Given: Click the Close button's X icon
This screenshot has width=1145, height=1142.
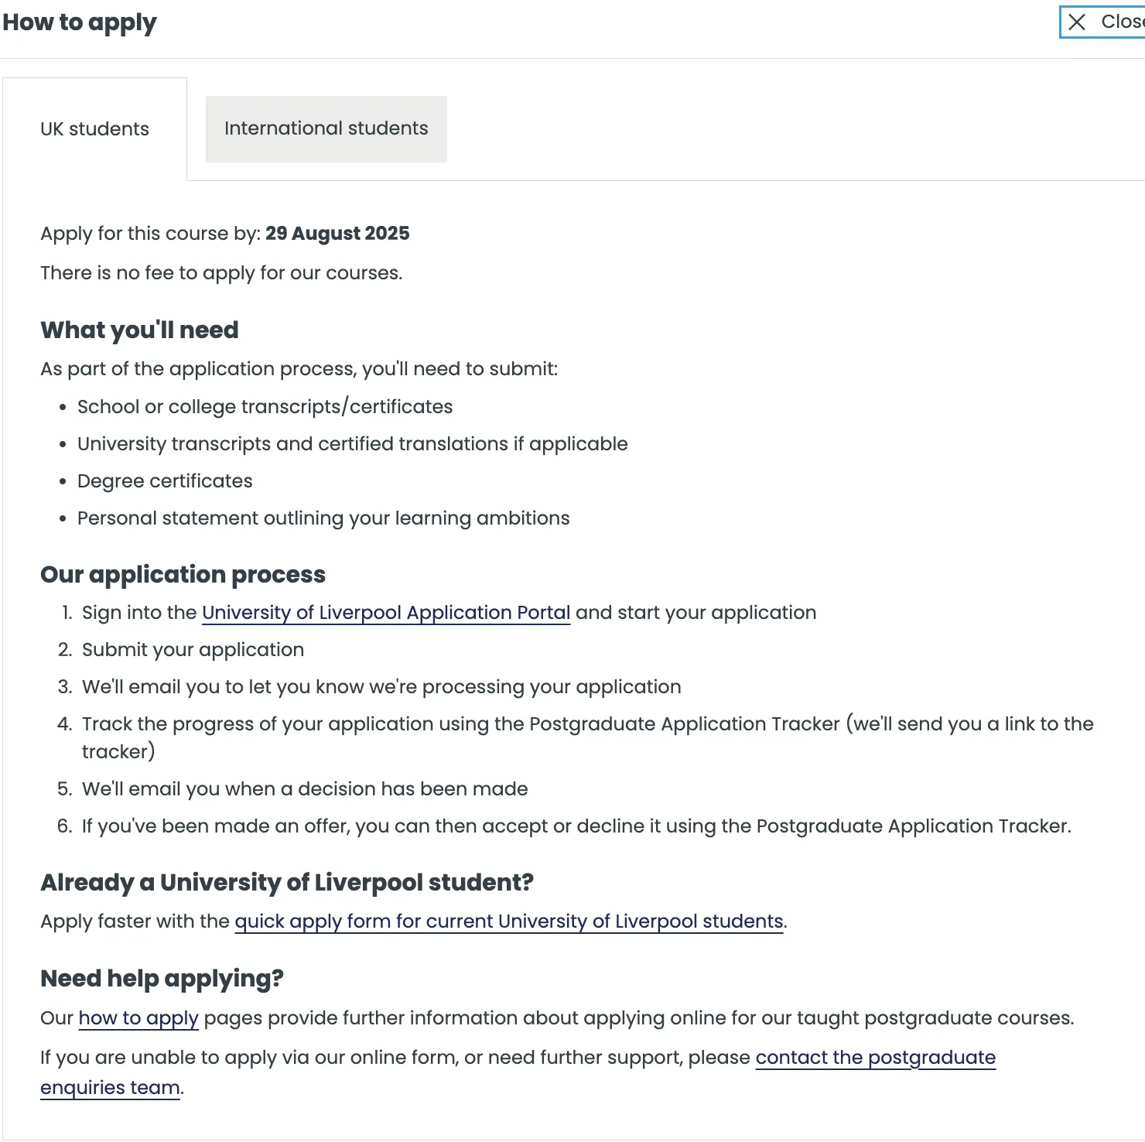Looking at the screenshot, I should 1077,22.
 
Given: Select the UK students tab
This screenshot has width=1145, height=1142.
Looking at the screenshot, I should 94,129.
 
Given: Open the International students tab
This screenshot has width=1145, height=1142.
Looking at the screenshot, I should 326,128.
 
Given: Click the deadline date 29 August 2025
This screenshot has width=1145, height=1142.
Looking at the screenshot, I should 337,234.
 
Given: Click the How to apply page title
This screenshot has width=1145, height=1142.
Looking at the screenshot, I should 80,22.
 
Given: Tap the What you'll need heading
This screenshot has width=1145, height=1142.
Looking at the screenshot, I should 139,330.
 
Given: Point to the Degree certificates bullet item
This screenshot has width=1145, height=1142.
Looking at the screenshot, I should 165,481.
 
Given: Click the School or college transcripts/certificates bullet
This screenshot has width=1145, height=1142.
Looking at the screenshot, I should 265,407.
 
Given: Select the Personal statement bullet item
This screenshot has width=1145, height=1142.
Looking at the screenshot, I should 323,518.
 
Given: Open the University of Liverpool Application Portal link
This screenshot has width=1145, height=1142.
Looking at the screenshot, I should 386,613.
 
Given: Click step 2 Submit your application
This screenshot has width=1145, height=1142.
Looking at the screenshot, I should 193,650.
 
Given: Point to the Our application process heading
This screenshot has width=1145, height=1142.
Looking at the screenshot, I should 183,575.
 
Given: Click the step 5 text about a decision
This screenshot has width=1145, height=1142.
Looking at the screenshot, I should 305,789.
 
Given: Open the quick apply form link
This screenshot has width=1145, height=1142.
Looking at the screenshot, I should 509,921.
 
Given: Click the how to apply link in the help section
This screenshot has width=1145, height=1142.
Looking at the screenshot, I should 138,1018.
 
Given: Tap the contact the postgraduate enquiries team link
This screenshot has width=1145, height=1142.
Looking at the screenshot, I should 875,1058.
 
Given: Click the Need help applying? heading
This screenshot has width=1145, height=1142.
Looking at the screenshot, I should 162,979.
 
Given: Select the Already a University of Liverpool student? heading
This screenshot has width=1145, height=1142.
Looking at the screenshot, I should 287,883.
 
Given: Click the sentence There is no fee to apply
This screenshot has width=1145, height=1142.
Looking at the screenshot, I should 221,273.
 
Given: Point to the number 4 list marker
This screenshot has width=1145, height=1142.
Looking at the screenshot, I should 64,724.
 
